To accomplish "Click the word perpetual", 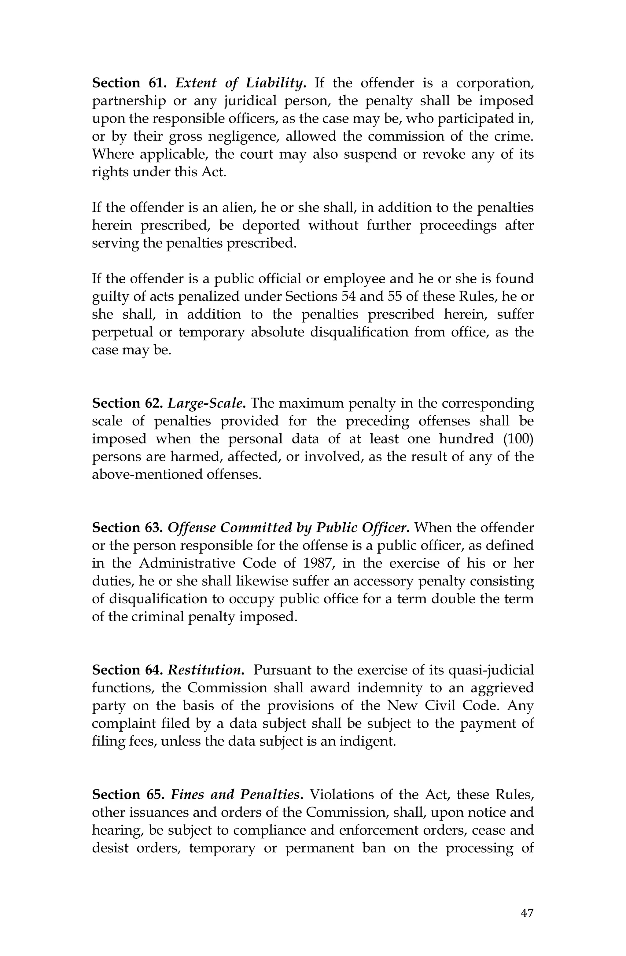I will coord(117,333).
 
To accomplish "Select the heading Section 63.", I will coord(127,528).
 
